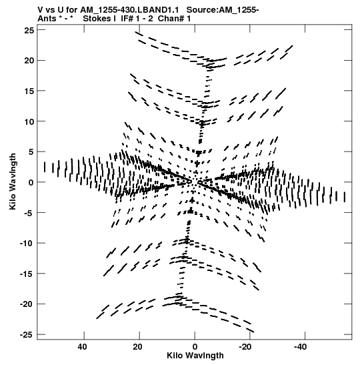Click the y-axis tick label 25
tap(29, 30)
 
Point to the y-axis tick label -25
tap(27, 335)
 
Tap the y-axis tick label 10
tap(29, 121)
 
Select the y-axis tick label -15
tap(27, 274)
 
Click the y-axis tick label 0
tap(31, 183)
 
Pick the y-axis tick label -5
tap(29, 213)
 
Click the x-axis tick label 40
tap(83, 347)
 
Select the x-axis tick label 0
tap(195, 347)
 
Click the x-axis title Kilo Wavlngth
tap(195, 356)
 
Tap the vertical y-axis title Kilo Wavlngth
tap(13, 181)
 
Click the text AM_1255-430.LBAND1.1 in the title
tap(129, 10)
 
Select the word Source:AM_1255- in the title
tap(223, 10)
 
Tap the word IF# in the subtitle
tap(127, 19)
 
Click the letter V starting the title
tap(40, 10)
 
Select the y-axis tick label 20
tap(29, 61)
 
